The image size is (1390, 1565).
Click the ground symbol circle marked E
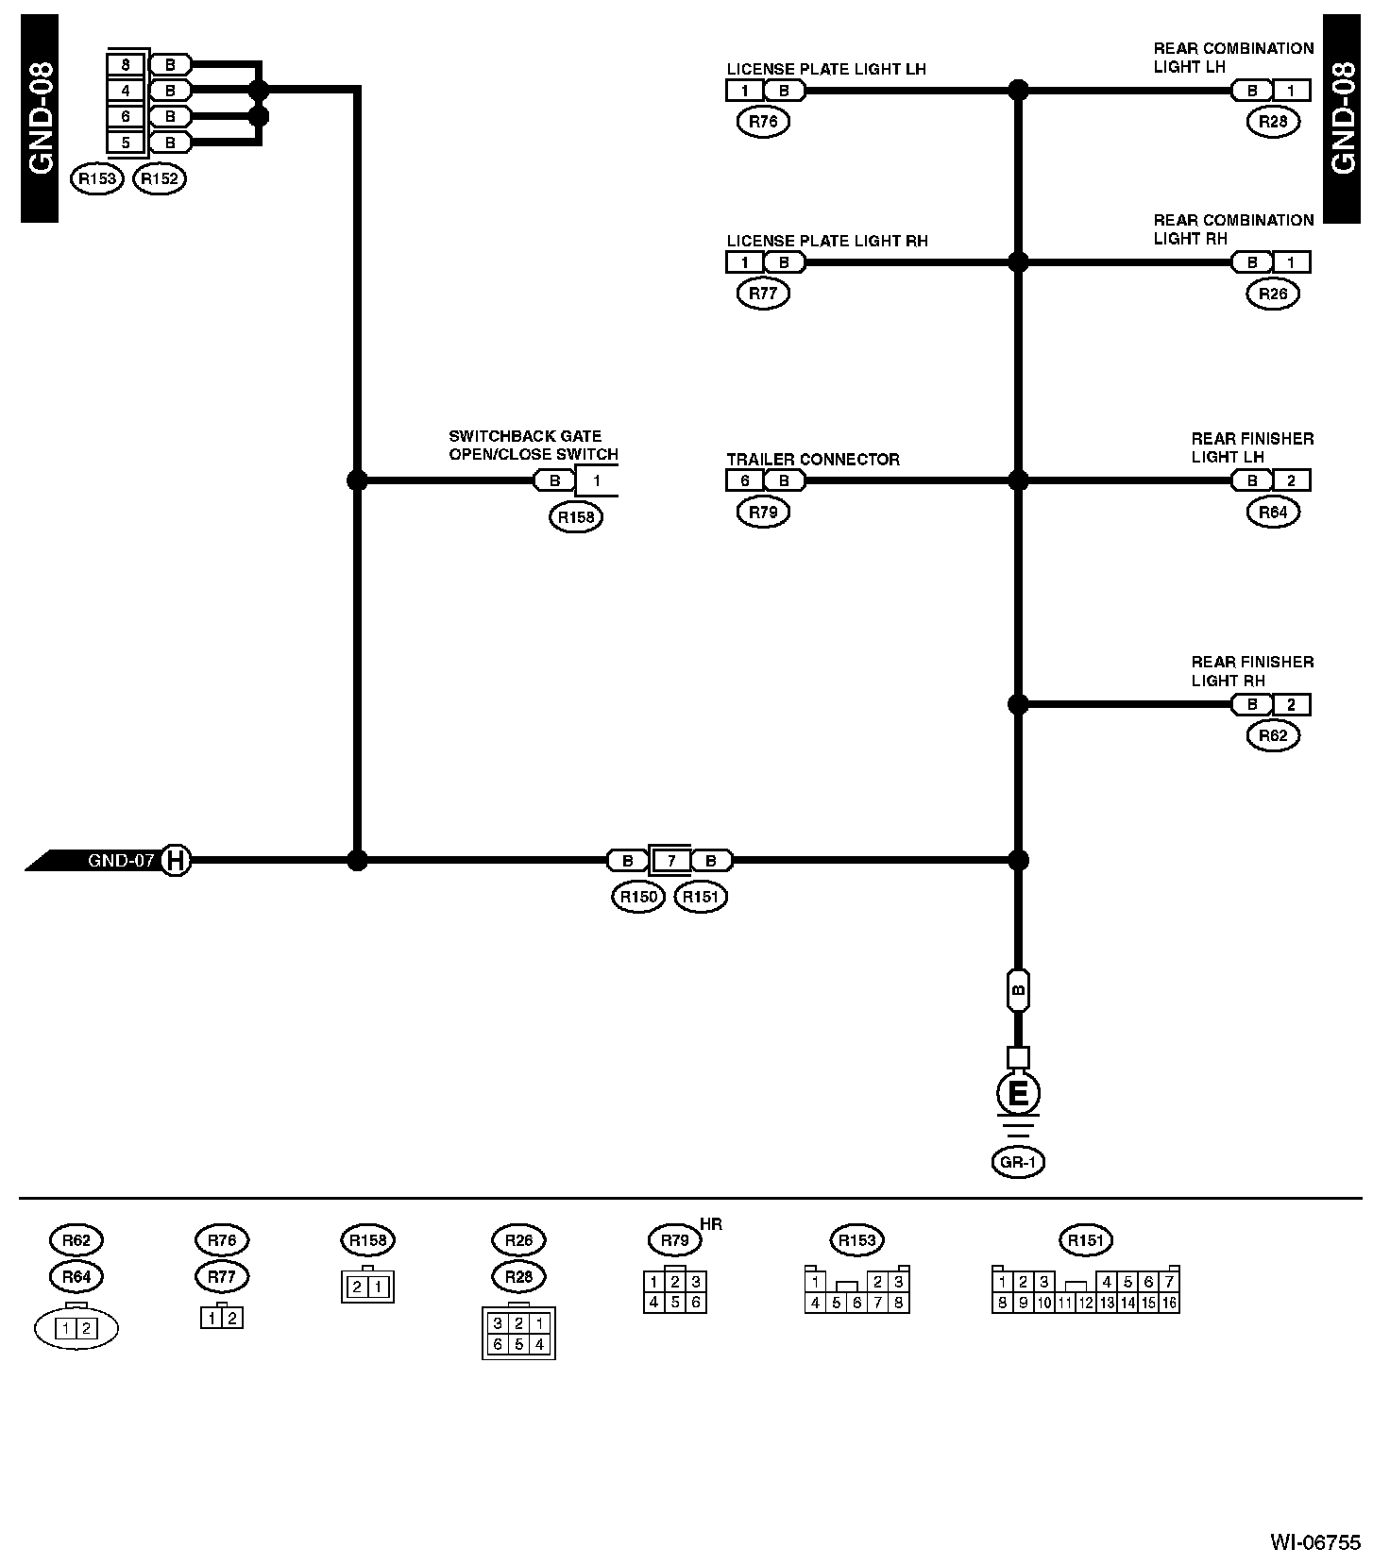(x=1018, y=1094)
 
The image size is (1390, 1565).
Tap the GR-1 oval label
(x=1018, y=1163)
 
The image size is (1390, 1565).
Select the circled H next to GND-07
(x=175, y=861)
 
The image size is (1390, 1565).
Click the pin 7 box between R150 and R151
(x=670, y=861)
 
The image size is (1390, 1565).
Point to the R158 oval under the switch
(x=575, y=517)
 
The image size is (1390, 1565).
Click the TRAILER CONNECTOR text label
(x=813, y=460)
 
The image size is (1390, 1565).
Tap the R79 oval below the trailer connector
(x=763, y=513)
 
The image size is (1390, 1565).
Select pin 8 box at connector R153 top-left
(x=127, y=65)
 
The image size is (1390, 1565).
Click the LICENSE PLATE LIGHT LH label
(x=826, y=69)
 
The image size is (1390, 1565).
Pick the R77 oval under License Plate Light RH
(x=763, y=294)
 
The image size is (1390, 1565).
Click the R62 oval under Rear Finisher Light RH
(x=1273, y=736)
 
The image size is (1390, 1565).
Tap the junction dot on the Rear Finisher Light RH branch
(x=1018, y=704)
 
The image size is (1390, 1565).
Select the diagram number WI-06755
(x=1315, y=1542)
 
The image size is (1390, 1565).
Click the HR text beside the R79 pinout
(x=711, y=1224)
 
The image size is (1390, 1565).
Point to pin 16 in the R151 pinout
(x=1169, y=1304)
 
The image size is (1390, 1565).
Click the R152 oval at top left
(x=160, y=178)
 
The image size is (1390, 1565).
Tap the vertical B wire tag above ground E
(x=1018, y=991)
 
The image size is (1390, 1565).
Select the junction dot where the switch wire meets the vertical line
(x=357, y=480)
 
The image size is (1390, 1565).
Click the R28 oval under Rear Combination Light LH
(x=1273, y=122)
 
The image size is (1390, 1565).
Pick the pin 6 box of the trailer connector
(x=744, y=480)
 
